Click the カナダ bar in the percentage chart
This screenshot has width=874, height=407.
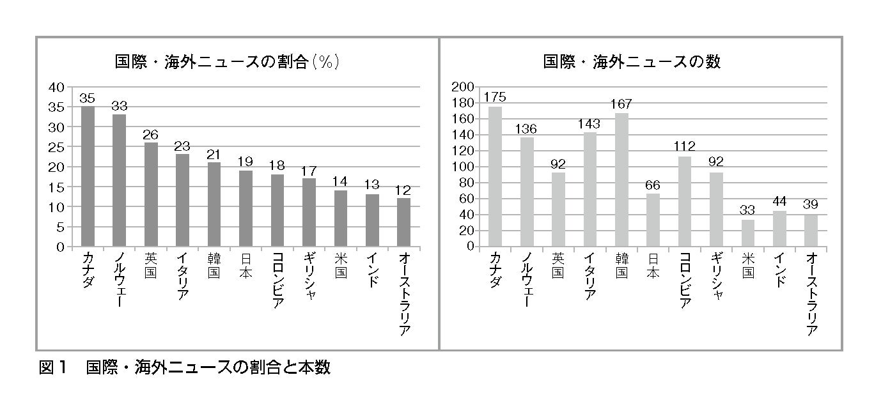[x=88, y=176]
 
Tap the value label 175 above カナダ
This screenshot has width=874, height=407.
[x=495, y=97]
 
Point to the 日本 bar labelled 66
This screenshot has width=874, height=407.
[x=653, y=220]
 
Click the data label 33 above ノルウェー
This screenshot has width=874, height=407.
[x=119, y=105]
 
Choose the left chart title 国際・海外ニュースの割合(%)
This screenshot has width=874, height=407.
[x=226, y=62]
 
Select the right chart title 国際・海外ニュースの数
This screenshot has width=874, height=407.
[x=632, y=62]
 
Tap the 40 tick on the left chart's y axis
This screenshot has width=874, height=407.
[x=57, y=87]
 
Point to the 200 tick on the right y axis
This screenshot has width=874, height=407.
[x=464, y=87]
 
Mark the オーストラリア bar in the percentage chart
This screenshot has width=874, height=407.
[x=403, y=222]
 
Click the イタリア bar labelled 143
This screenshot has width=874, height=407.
[x=590, y=189]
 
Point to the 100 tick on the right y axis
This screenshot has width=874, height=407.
[x=464, y=167]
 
